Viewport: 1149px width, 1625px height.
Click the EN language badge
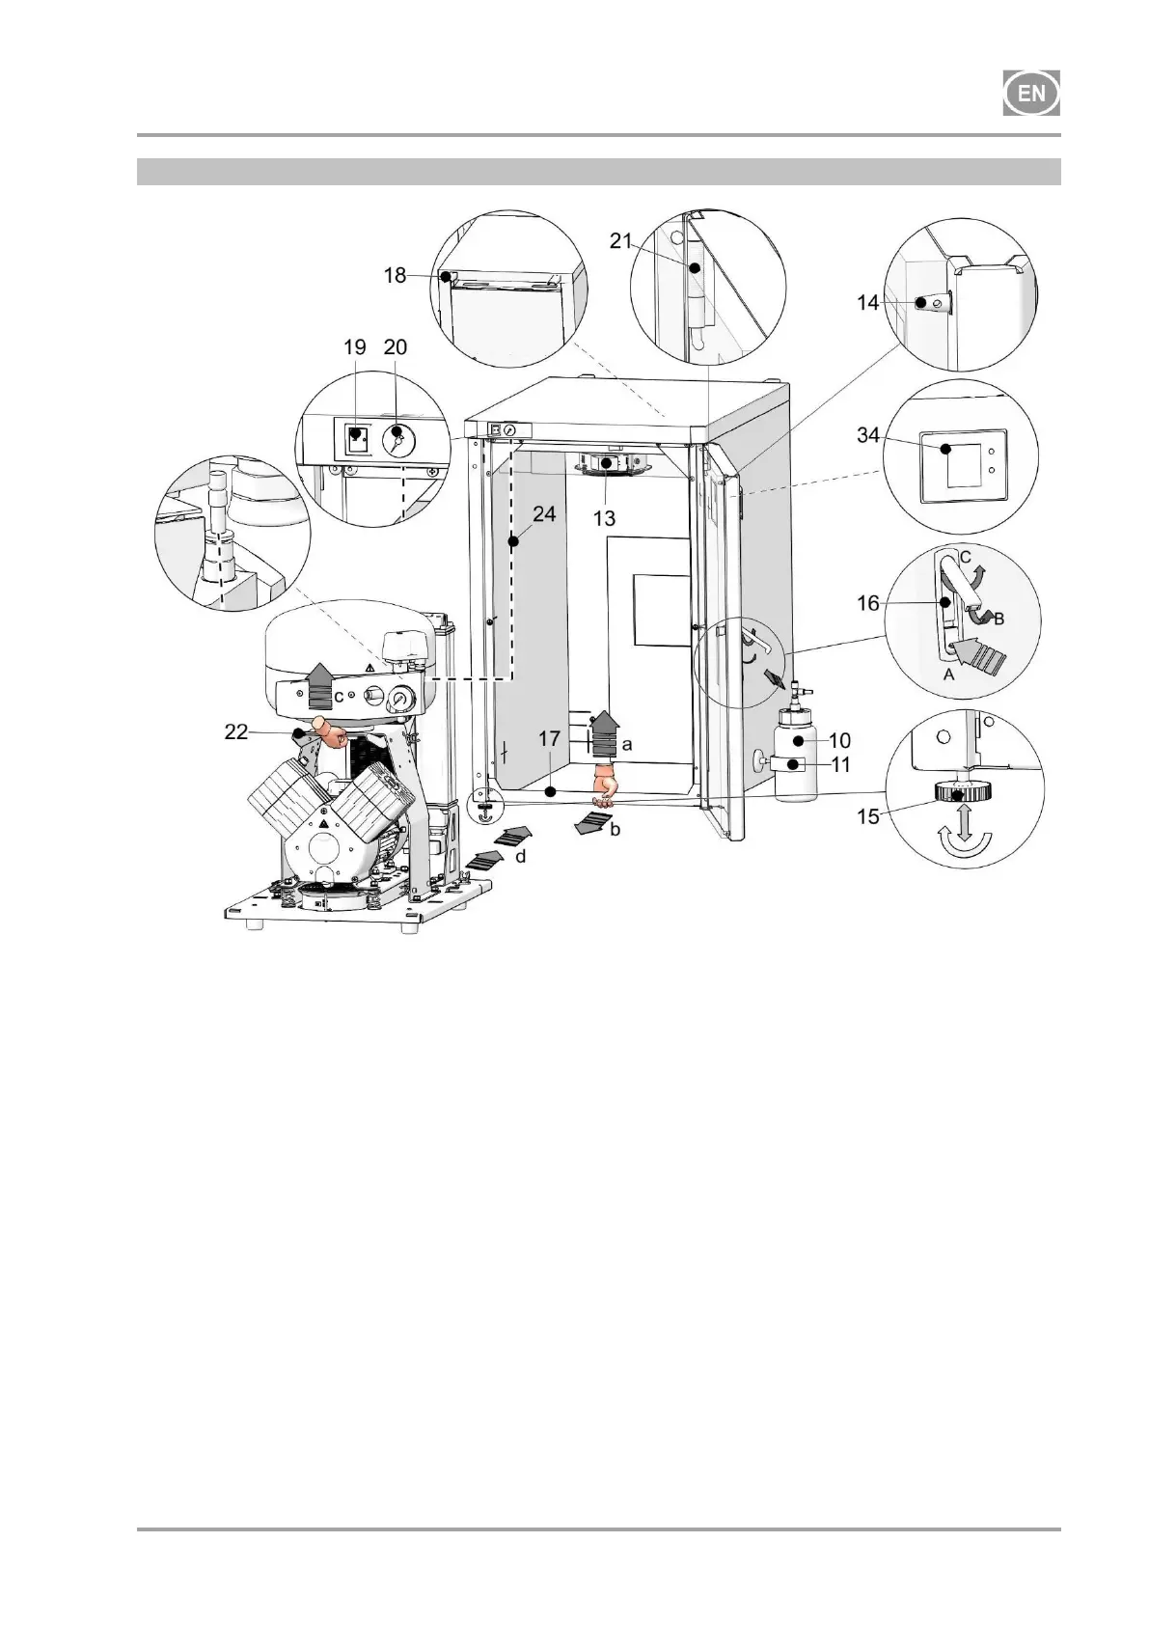point(1031,94)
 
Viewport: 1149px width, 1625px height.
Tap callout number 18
point(395,275)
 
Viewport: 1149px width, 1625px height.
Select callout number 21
point(620,241)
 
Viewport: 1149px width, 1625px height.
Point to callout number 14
point(867,302)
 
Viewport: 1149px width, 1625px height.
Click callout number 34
point(867,436)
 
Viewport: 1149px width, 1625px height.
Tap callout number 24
point(544,514)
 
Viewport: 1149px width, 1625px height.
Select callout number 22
point(235,733)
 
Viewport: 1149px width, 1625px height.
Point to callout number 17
point(549,740)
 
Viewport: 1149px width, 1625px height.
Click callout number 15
point(868,816)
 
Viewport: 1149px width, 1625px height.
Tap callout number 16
point(868,603)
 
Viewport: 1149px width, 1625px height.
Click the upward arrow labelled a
point(605,736)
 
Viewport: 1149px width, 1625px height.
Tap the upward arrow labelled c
point(319,688)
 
